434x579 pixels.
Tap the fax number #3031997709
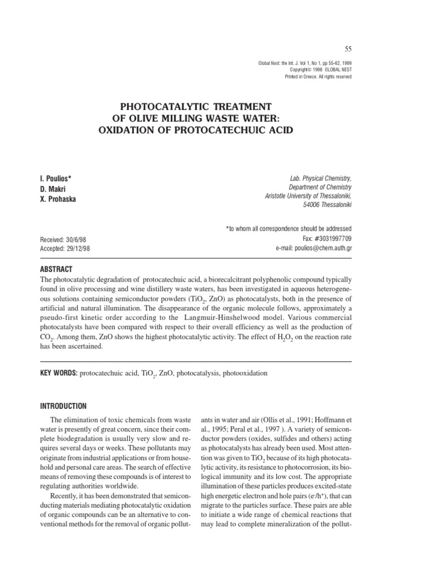[331, 239]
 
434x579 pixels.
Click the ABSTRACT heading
[57, 269]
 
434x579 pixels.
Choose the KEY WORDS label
[58, 374]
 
